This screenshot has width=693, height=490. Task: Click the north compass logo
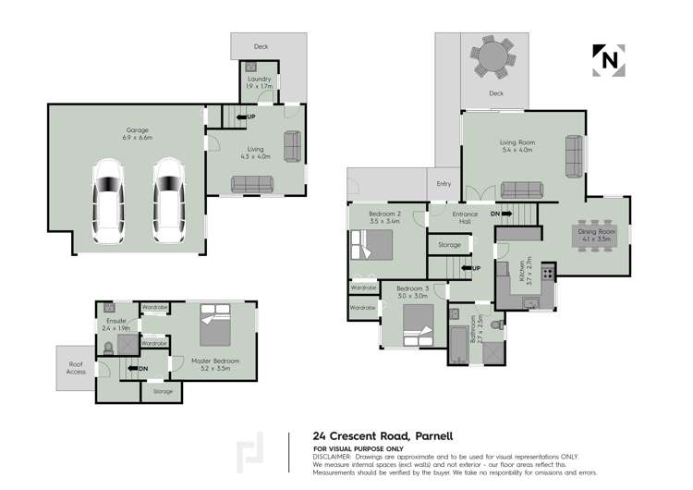(x=606, y=59)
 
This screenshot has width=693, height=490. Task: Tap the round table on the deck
(x=496, y=58)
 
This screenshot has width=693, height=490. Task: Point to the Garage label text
(x=138, y=133)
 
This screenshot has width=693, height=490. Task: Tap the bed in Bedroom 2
(x=370, y=246)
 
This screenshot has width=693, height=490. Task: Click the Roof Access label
(x=77, y=368)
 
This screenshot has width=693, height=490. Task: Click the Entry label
(x=444, y=184)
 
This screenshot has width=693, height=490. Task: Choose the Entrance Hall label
(x=465, y=218)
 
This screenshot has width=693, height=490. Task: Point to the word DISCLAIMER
(x=332, y=456)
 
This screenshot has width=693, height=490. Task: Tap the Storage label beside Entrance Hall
(x=449, y=244)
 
